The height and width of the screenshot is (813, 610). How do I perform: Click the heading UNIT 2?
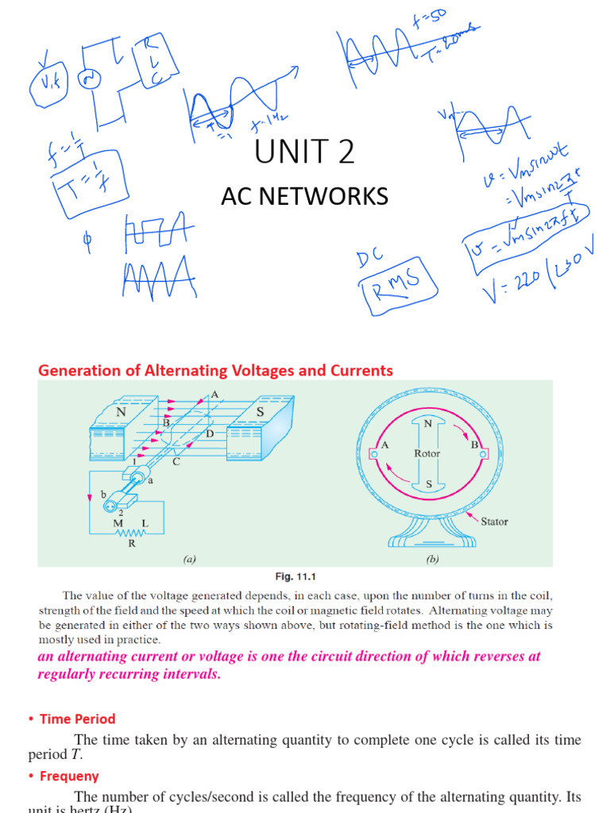coord(304,151)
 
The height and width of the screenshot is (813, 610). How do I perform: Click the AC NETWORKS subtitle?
coord(304,196)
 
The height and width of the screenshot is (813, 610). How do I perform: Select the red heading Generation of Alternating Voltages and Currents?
coord(215,370)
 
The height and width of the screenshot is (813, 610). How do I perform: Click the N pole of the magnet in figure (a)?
coord(122,413)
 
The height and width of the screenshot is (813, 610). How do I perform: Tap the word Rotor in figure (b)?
coord(427,453)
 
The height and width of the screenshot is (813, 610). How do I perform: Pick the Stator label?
coord(493,522)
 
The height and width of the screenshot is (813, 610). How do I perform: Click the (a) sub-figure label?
coord(189,559)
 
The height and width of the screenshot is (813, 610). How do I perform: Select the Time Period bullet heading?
coord(77,719)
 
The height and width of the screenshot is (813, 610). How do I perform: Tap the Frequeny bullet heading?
coord(69,776)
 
